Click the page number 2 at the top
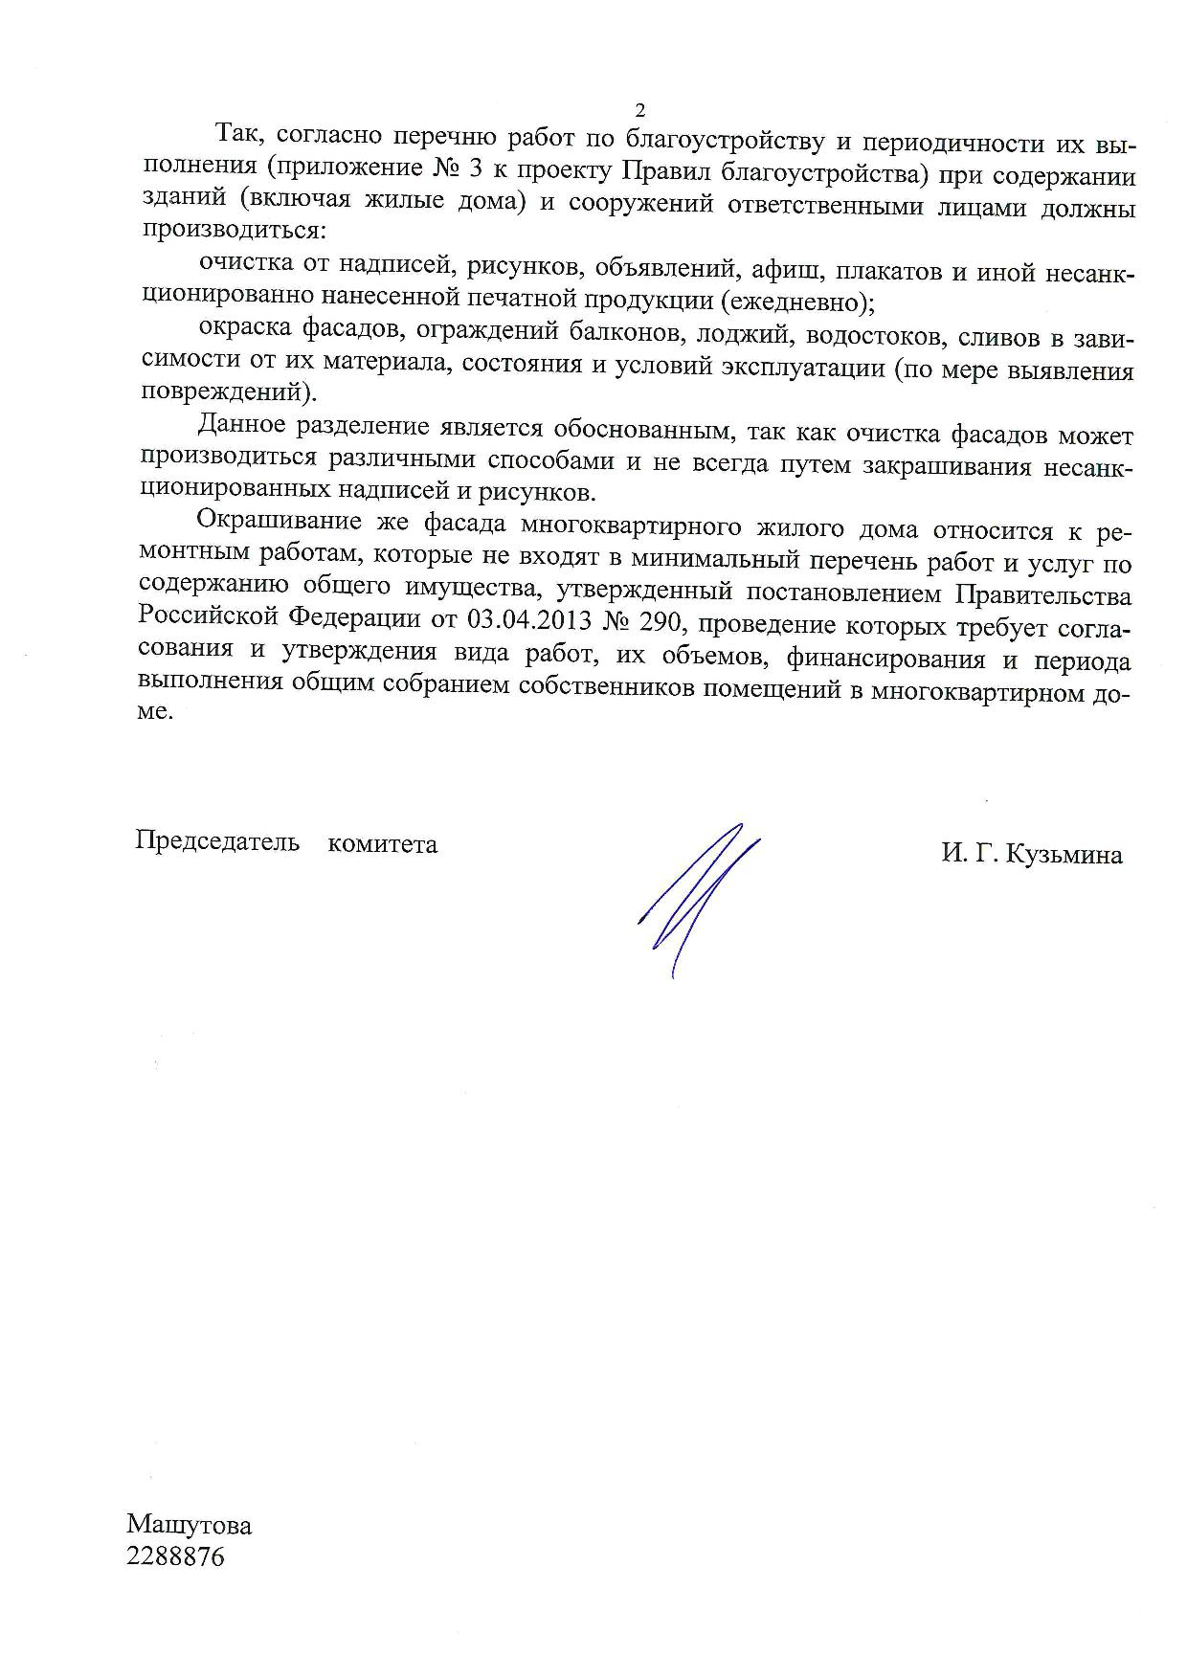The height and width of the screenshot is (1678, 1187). pyautogui.click(x=640, y=108)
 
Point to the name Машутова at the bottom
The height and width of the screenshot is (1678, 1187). pyautogui.click(x=189, y=1524)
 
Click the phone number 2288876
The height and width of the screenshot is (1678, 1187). pyautogui.click(x=175, y=1556)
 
